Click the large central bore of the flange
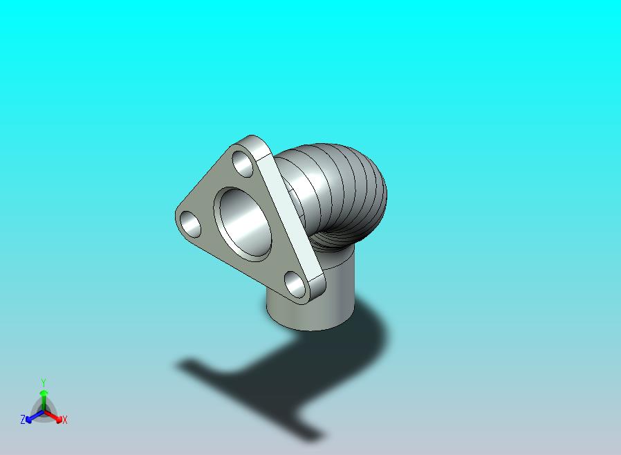tap(242, 224)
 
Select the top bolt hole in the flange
tap(243, 164)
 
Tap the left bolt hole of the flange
tap(190, 224)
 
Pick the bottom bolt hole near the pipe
tap(295, 285)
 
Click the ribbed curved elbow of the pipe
tap(341, 190)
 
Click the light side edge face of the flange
tap(291, 214)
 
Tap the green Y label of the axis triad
tap(44, 382)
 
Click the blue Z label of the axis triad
tap(23, 419)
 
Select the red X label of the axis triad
tap(65, 420)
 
